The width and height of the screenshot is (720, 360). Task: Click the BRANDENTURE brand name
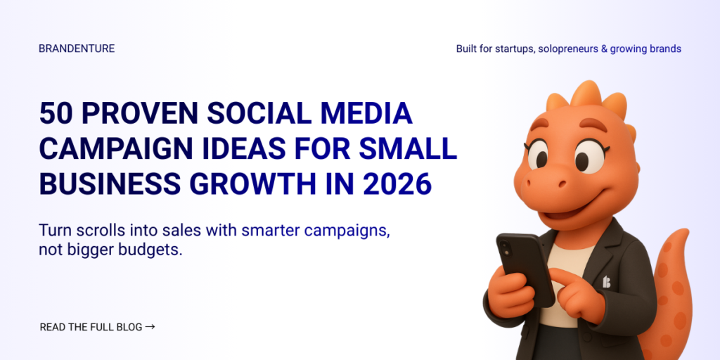[x=77, y=49]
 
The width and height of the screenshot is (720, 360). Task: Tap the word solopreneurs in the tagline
[x=570, y=49]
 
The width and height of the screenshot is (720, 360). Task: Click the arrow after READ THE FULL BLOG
[x=150, y=327]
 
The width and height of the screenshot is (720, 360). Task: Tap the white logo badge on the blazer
[x=607, y=282]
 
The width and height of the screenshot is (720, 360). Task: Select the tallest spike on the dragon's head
[x=585, y=95]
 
